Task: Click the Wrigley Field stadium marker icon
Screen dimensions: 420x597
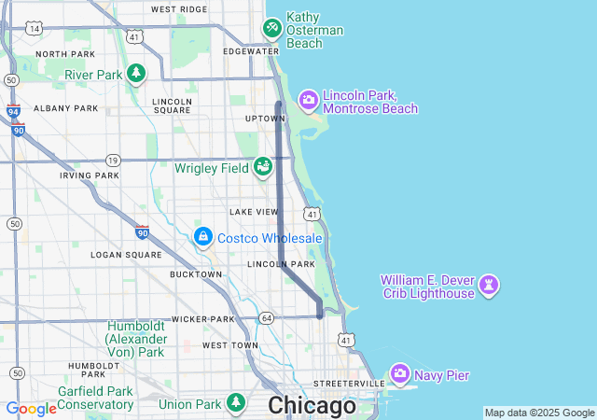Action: click(263, 167)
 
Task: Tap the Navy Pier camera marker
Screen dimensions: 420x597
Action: click(400, 374)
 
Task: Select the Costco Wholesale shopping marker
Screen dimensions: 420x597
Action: click(202, 238)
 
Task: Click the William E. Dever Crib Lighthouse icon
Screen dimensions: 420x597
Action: click(488, 284)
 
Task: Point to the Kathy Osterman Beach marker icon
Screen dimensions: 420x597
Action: click(271, 28)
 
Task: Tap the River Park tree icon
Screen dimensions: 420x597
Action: click(136, 74)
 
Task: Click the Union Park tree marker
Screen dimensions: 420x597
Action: click(236, 403)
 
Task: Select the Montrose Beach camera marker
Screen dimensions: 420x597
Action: click(308, 100)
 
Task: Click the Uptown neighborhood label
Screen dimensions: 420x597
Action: click(264, 119)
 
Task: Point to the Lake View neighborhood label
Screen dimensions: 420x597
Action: click(254, 212)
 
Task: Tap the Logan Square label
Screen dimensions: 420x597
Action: click(126, 254)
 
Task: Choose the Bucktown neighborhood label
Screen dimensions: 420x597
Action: click(196, 274)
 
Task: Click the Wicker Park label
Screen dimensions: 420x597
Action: click(201, 319)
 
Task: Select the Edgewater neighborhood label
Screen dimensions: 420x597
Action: click(251, 51)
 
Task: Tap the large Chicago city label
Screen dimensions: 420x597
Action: click(312, 406)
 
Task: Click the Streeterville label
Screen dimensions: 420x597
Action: click(349, 384)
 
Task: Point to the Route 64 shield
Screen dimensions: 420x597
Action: click(267, 318)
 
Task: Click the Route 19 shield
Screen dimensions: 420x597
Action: click(113, 160)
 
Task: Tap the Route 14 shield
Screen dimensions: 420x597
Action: click(35, 29)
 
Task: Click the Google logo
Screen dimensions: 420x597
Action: click(31, 409)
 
